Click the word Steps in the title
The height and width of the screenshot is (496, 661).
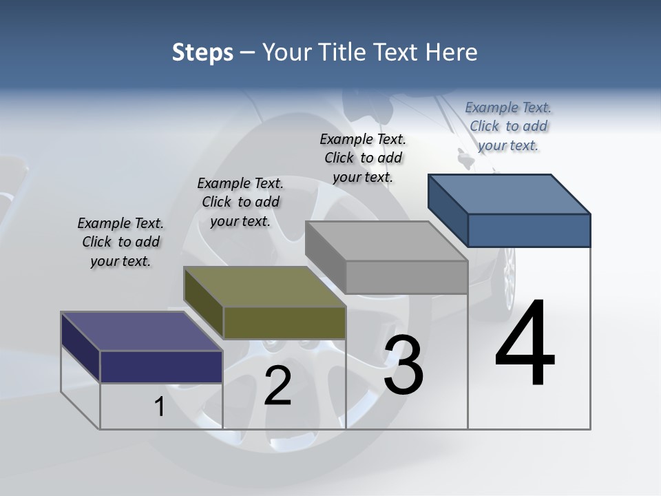point(202,52)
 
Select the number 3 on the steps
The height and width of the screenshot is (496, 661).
point(403,365)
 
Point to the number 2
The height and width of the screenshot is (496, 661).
point(277,386)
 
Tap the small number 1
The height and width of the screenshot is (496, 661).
point(160,407)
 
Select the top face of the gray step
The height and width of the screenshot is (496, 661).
point(386,241)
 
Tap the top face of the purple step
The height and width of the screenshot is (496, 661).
point(142,331)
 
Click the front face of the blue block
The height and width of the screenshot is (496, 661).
point(529,230)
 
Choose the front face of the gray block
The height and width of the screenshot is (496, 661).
point(406,278)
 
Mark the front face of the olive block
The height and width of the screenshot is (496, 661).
point(284,322)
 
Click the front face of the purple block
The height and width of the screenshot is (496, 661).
point(161,366)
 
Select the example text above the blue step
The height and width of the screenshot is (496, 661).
point(508,126)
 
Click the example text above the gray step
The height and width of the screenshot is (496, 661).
point(363,158)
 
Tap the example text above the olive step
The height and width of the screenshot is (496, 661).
point(240,202)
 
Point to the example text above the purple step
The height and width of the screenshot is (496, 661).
point(120,242)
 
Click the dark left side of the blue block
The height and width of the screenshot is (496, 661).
point(448,210)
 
